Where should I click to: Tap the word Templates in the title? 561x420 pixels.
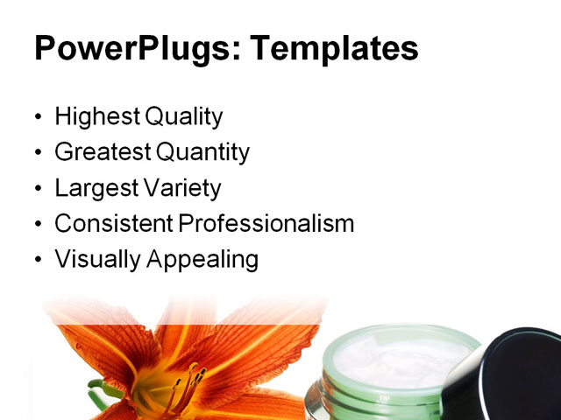pos(336,48)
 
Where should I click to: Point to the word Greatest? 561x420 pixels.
pos(103,153)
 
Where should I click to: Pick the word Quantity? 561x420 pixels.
pos(203,153)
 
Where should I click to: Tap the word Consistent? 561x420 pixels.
pos(114,223)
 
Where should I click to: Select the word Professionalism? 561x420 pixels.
pos(266,223)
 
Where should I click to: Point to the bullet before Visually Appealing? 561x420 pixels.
pos(37,261)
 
